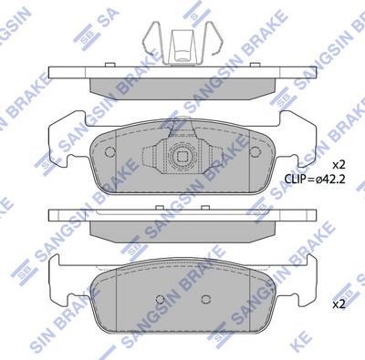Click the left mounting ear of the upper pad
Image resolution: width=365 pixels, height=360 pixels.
(61, 137)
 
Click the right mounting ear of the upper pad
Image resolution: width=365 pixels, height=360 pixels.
(303, 137)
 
